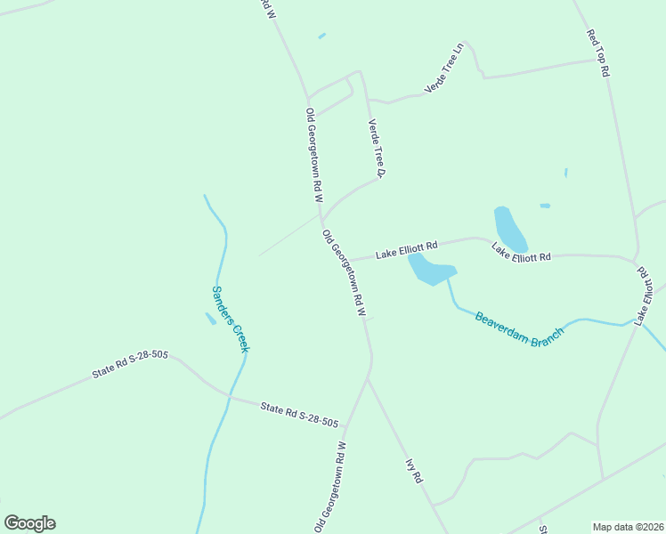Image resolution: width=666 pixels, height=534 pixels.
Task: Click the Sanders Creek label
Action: coord(230,318)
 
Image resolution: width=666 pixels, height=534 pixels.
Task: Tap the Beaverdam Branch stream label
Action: coord(520,328)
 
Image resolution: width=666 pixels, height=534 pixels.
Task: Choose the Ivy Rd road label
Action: coord(414,470)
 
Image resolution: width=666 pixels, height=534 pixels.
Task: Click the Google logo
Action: coord(29,523)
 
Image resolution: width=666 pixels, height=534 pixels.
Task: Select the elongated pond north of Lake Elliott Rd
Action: coord(509,229)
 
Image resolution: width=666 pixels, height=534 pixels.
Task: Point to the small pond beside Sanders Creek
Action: coord(210,318)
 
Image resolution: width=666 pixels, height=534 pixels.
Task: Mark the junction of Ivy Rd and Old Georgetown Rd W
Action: coord(368,378)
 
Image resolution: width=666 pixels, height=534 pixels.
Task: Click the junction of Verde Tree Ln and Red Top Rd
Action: coord(595,61)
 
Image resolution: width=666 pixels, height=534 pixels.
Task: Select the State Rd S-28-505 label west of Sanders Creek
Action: coord(130,365)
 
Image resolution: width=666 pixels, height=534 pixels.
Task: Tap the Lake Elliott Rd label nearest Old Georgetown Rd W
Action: coord(406,251)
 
